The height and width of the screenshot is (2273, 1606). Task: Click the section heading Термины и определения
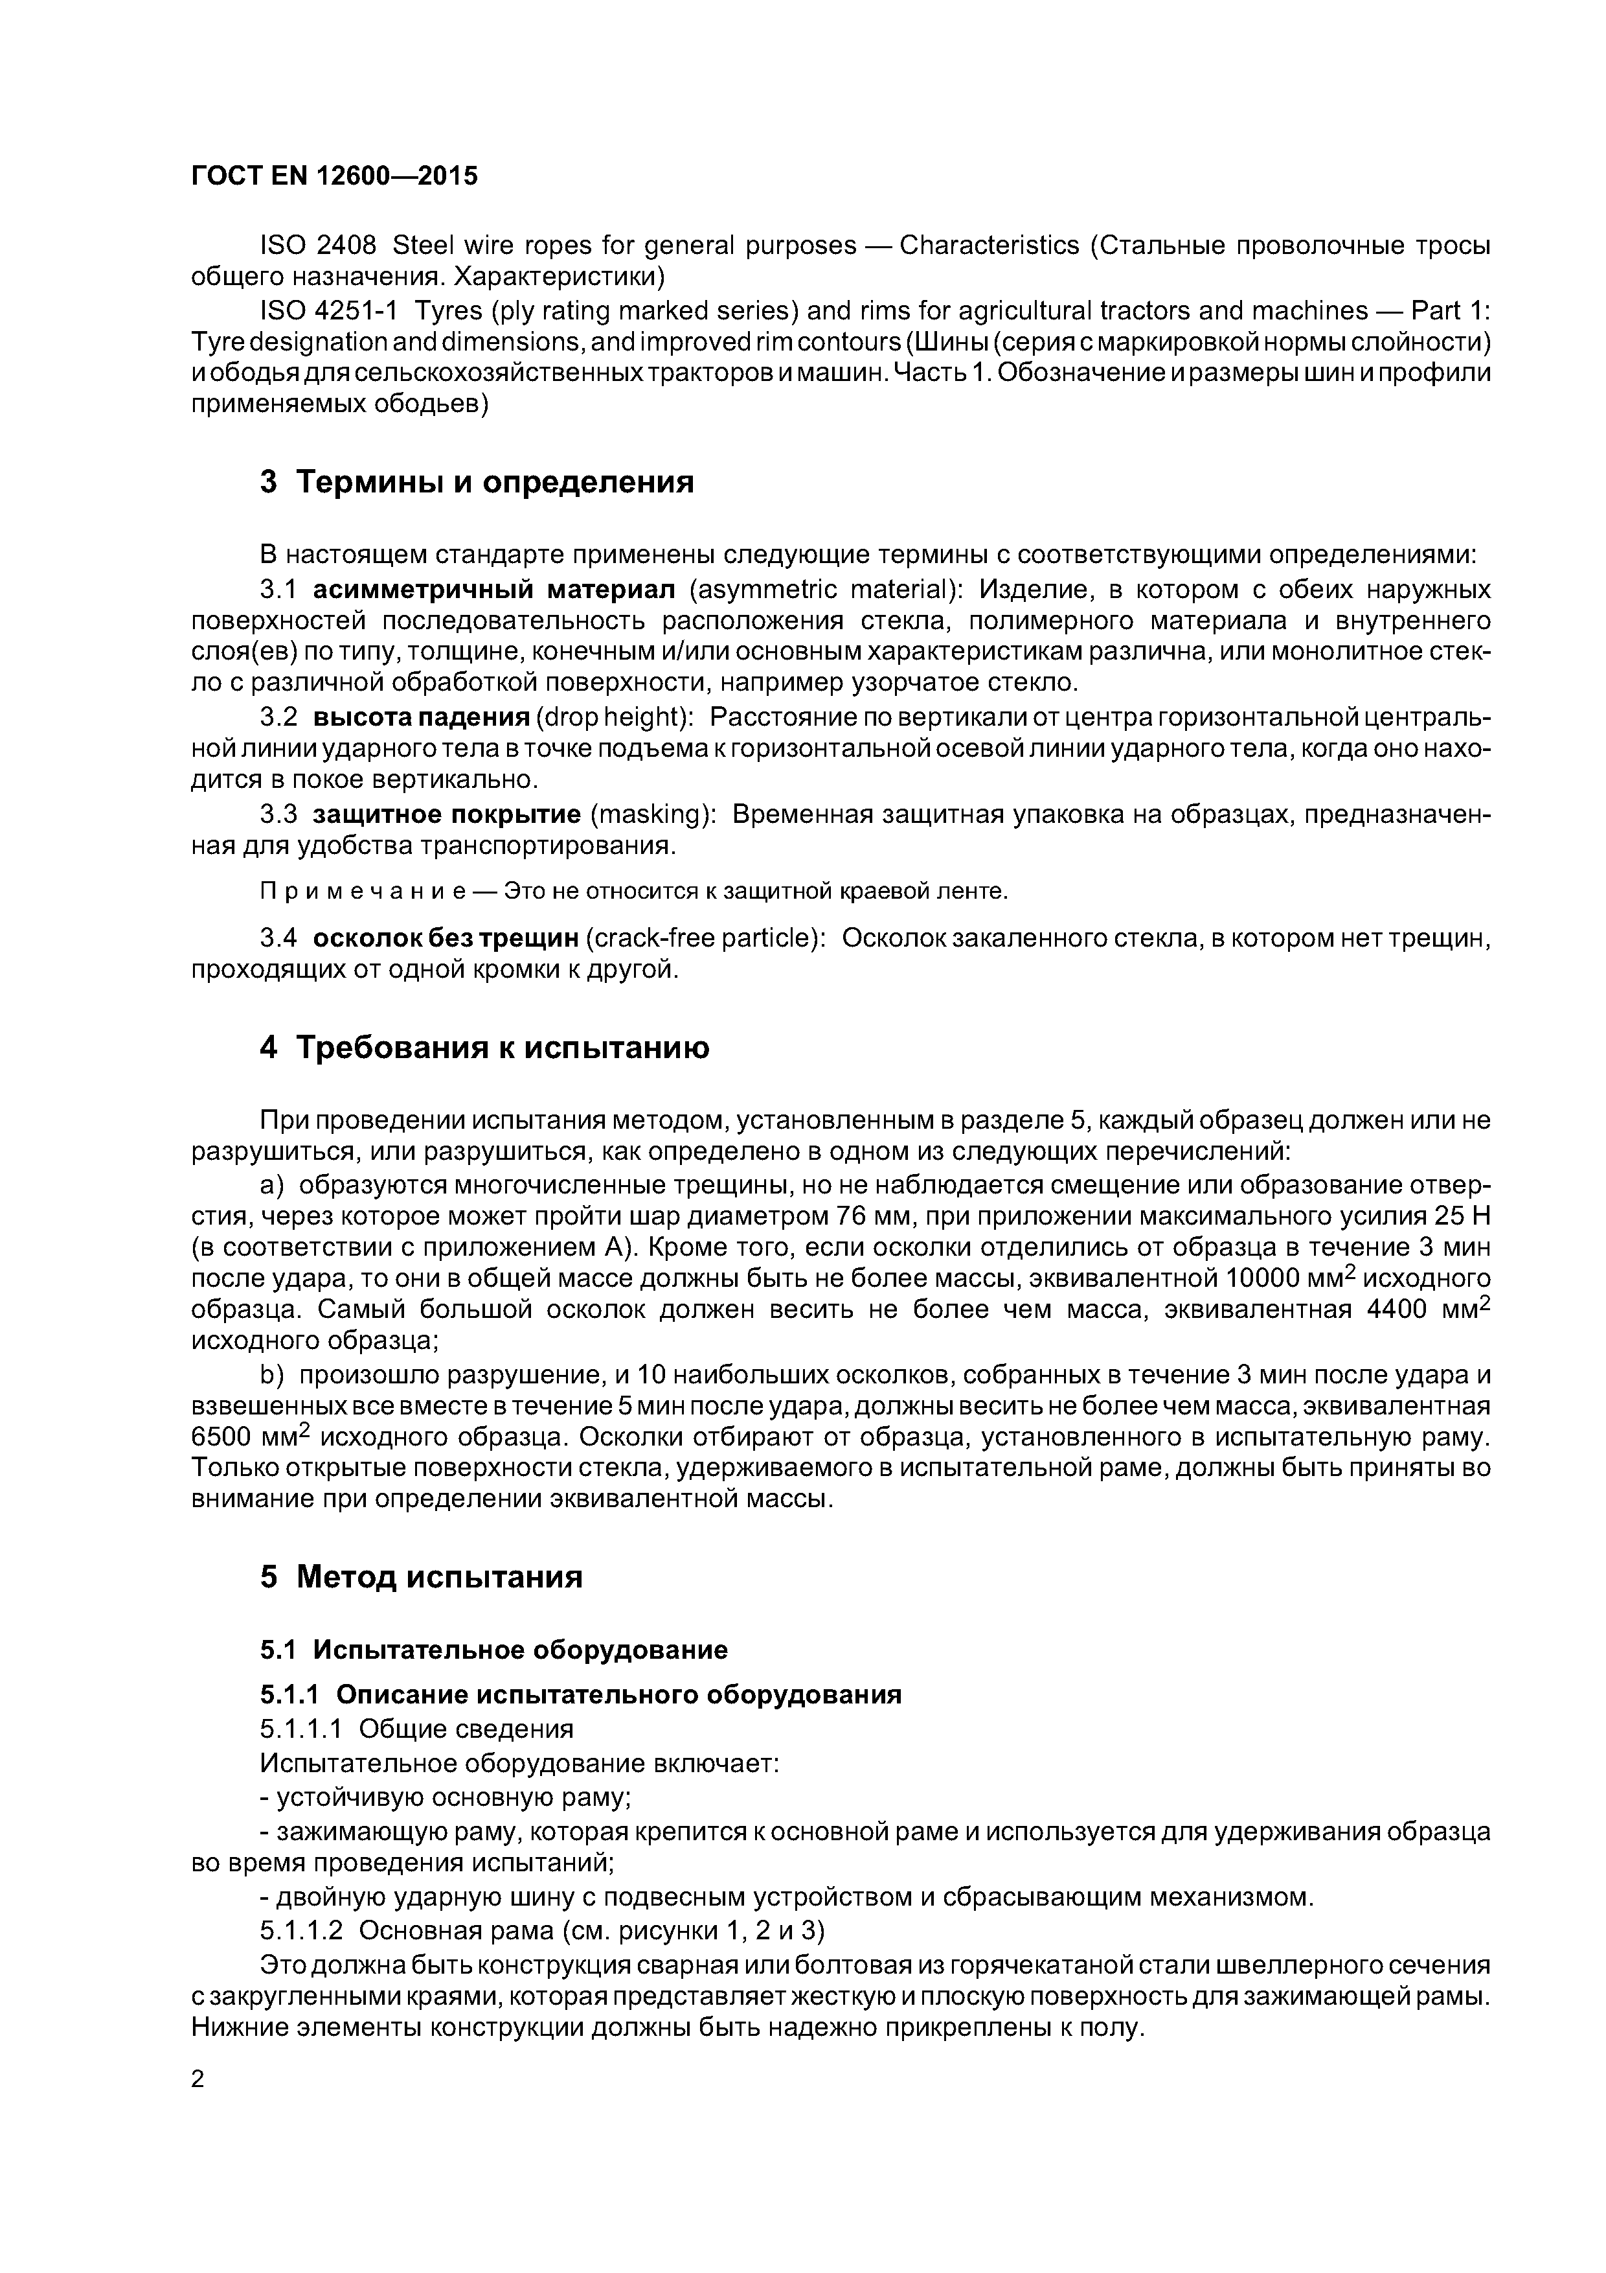click(495, 482)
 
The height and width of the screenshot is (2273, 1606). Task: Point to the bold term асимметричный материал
click(493, 590)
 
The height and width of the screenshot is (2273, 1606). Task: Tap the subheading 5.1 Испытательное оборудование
click(493, 1649)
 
